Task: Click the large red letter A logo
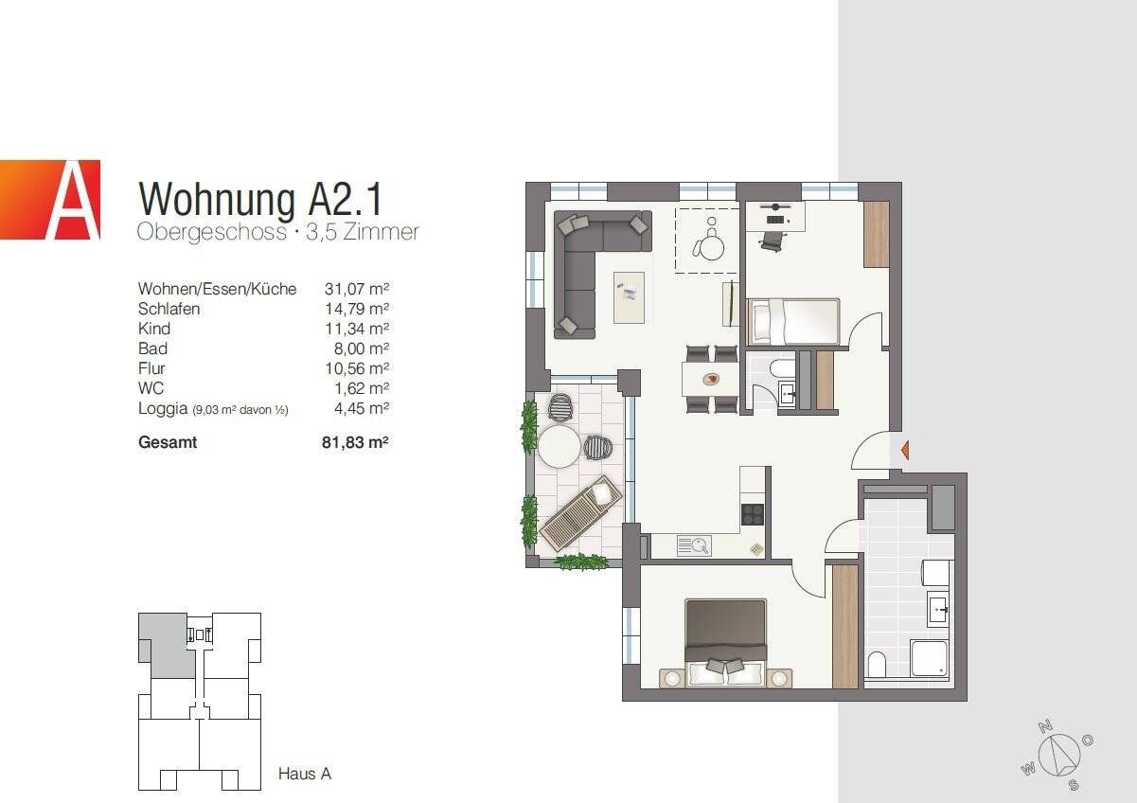click(50, 200)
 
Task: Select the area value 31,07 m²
click(358, 289)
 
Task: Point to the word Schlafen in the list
click(169, 309)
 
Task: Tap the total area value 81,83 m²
click(356, 442)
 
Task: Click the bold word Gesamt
click(168, 442)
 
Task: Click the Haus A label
click(304, 774)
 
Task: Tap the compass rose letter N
click(1045, 727)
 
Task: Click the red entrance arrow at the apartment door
click(905, 450)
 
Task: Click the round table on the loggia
click(559, 445)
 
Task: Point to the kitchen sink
click(694, 544)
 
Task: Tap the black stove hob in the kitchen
click(752, 513)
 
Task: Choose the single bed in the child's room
click(793, 322)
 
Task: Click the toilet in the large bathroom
click(877, 666)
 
